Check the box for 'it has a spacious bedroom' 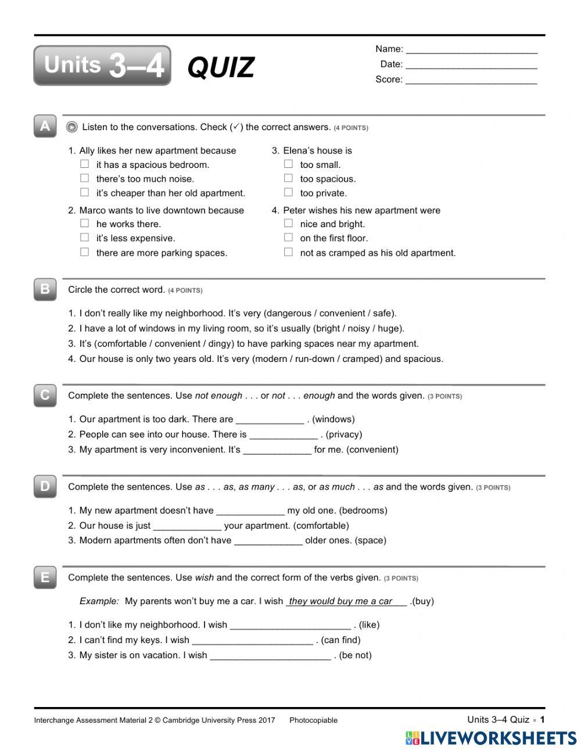click(85, 164)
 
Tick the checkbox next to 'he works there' click(85, 224)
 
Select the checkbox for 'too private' click(288, 193)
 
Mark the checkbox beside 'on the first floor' click(288, 238)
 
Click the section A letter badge click(45, 126)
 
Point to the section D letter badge click(45, 486)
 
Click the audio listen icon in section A click(72, 127)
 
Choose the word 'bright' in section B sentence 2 click(329, 328)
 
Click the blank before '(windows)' click(270, 419)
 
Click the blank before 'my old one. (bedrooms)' click(250, 511)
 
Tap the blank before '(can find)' click(252, 640)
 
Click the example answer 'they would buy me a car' click(340, 601)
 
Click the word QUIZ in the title click(221, 67)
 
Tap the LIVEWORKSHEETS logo click(490, 738)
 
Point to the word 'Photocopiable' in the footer click(313, 720)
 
